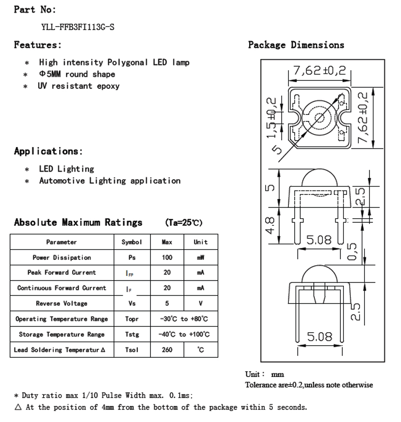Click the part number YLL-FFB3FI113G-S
click(78, 27)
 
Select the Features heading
click(38, 45)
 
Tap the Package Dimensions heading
click(296, 45)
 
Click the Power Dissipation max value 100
click(167, 257)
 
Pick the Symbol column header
click(132, 242)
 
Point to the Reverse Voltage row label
click(62, 304)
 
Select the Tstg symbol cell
click(132, 334)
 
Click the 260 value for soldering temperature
click(167, 350)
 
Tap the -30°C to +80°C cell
click(184, 319)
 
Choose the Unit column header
click(200, 242)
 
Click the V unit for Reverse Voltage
click(200, 304)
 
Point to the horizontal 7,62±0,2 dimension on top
click(319, 70)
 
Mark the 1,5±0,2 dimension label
click(272, 117)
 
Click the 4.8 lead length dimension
click(270, 225)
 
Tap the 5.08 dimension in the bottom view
click(319, 336)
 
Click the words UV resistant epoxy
click(79, 86)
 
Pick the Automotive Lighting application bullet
click(110, 181)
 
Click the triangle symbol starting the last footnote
click(18, 407)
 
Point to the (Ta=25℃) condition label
click(183, 223)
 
